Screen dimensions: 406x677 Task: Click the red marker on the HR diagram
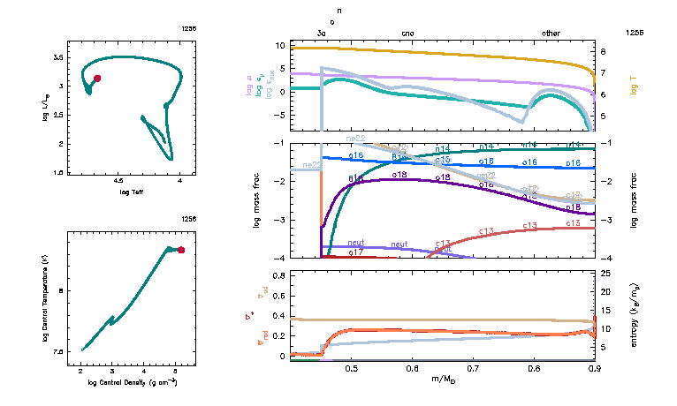tap(97, 79)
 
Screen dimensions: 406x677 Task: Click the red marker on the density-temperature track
tap(181, 251)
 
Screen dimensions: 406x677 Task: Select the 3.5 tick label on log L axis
tap(57, 56)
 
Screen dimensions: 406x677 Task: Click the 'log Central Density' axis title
tap(132, 382)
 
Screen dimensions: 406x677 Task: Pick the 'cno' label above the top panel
tap(407, 33)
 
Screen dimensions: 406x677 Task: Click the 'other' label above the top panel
tap(551, 33)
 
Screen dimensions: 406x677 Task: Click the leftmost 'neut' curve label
tap(356, 242)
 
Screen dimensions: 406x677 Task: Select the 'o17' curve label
tap(356, 252)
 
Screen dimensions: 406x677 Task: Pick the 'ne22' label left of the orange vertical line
tap(311, 165)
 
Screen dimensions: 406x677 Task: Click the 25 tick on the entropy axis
tap(606, 275)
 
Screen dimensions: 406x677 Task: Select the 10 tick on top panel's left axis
tap(304, 45)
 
